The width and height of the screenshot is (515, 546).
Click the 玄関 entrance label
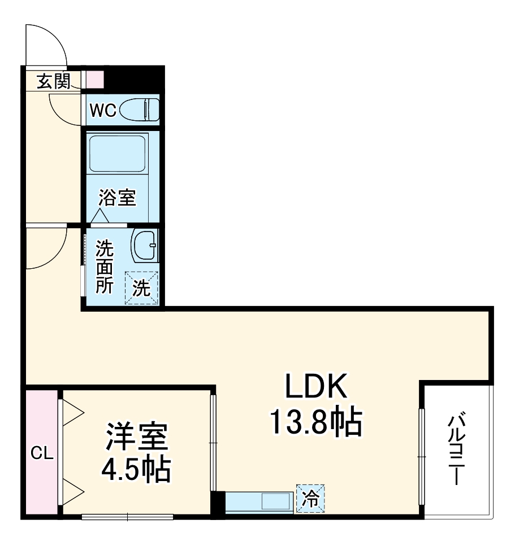54,82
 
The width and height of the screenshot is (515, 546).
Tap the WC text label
103,111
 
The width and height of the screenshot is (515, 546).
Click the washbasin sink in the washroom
145,245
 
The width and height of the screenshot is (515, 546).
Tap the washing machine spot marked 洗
141,289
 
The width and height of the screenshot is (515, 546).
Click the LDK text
315,388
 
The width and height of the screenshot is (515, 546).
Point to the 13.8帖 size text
315,422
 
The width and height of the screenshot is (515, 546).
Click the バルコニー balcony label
457,450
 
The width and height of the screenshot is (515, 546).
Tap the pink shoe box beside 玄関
95,80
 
